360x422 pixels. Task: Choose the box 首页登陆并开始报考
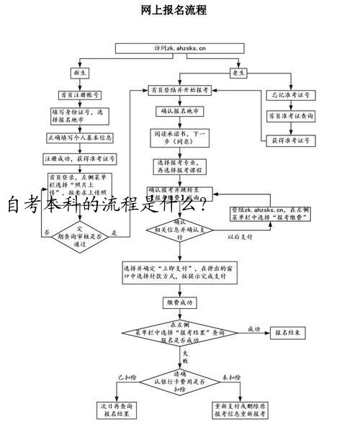point(179,91)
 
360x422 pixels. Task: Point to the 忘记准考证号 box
point(288,94)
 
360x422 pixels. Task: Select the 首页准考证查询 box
point(288,115)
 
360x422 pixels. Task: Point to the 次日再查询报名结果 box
point(119,410)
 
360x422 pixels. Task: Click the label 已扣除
point(127,377)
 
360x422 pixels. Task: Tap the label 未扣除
point(230,377)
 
